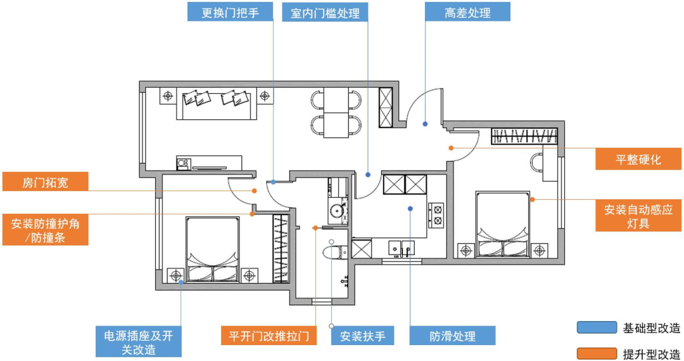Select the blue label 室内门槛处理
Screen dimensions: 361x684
tap(325, 12)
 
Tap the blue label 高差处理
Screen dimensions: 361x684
tap(467, 12)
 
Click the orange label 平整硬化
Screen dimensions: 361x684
tap(638, 159)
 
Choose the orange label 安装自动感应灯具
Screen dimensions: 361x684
tap(638, 215)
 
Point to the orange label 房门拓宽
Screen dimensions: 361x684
tap(45, 182)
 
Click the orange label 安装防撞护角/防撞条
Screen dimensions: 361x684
tap(45, 230)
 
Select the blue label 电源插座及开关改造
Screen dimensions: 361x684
tap(138, 343)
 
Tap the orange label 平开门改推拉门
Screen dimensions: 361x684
tap(269, 336)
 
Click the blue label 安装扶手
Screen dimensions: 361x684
tap(363, 336)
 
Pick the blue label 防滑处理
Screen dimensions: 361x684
tap(452, 336)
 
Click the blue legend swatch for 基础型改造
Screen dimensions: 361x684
tap(597, 327)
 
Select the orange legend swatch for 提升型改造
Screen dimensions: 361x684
tap(597, 353)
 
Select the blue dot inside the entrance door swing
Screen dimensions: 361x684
tap(425, 124)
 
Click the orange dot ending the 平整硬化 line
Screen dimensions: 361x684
tap(450, 148)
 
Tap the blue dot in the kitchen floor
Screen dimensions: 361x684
tap(410, 207)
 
